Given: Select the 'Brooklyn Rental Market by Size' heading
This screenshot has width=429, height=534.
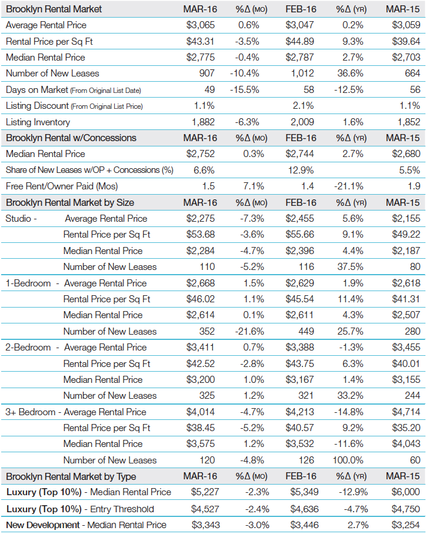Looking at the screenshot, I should point(70,202).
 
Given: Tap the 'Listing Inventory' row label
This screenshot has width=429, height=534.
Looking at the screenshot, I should point(38,122).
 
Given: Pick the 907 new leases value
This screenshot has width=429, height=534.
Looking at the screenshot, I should point(207,74).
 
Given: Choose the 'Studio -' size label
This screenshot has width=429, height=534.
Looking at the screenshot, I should point(21,219).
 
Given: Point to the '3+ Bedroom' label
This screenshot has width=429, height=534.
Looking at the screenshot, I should point(31,412).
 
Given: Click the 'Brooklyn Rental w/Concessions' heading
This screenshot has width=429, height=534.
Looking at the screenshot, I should point(71,138).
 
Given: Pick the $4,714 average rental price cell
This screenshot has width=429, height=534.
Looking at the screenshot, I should point(405,412).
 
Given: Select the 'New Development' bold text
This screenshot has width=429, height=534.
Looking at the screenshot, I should point(42,525).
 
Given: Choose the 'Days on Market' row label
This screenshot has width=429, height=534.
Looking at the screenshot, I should point(34,90).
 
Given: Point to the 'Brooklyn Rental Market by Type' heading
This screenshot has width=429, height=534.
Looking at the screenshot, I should point(71,476).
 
